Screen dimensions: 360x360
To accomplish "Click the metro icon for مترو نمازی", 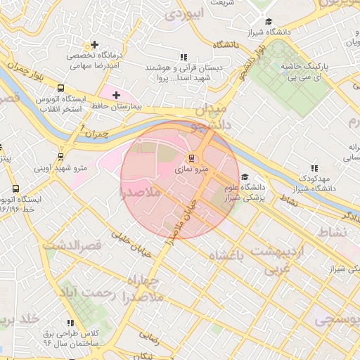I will click(x=191, y=157).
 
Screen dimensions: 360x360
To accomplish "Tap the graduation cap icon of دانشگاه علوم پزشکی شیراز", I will click(x=245, y=177).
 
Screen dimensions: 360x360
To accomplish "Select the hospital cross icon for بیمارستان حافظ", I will click(x=116, y=95).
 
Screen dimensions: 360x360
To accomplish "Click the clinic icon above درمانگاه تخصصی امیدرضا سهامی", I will click(x=95, y=45).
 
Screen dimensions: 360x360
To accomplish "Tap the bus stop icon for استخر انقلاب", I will click(x=61, y=89).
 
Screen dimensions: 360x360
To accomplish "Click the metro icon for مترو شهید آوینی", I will click(x=61, y=157).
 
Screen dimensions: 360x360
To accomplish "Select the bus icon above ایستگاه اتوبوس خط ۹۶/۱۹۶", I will click(x=15, y=188).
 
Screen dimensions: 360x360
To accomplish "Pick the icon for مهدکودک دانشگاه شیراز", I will click(x=314, y=168).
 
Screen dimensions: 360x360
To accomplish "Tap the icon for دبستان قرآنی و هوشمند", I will click(x=184, y=58).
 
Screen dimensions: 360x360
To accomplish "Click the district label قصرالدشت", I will click(x=72, y=245).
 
